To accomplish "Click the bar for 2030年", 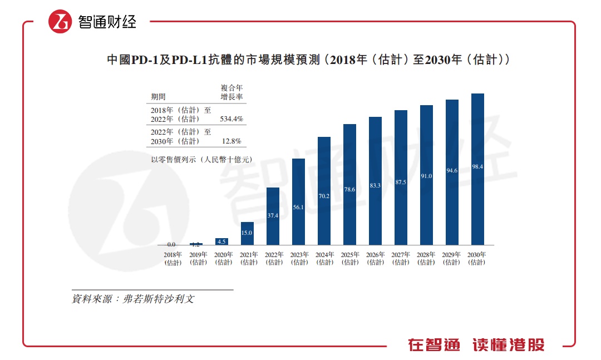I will [477, 169].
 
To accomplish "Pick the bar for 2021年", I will [247, 233].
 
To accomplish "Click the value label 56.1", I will [298, 208].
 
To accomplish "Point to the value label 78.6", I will [349, 190].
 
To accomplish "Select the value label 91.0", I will [426, 176].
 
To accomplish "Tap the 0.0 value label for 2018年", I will [171, 244].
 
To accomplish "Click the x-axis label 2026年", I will [375, 258].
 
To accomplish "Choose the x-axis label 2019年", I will [198, 258].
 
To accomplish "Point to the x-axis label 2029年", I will [452, 258].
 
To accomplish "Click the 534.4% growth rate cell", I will [232, 119].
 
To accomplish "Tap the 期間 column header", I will [158, 97].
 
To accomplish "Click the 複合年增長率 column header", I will [231, 92].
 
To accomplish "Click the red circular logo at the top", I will [60, 22].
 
